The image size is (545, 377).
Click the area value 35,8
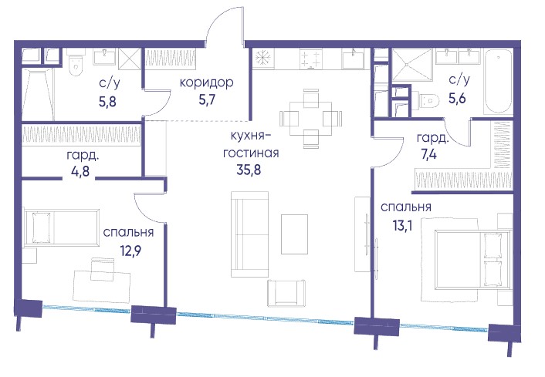pos(249,170)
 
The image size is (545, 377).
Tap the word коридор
pos(206,83)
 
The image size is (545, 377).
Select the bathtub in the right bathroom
pos(498,82)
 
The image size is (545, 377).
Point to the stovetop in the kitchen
pos(311,59)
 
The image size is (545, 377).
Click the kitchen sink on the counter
pos(353,59)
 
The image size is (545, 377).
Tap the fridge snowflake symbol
pos(263,58)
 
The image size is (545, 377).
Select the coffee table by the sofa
pos(294,234)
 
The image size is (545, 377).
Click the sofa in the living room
pos(250,234)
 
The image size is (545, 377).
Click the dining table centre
pos(311,119)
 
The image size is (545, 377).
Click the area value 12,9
pos(129,251)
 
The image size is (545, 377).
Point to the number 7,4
pos(429,153)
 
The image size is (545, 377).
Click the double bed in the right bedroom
pos(472,259)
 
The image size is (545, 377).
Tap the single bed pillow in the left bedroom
pos(41,227)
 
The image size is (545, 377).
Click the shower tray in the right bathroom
pos(412,66)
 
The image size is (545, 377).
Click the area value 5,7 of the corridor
pos(207,100)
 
